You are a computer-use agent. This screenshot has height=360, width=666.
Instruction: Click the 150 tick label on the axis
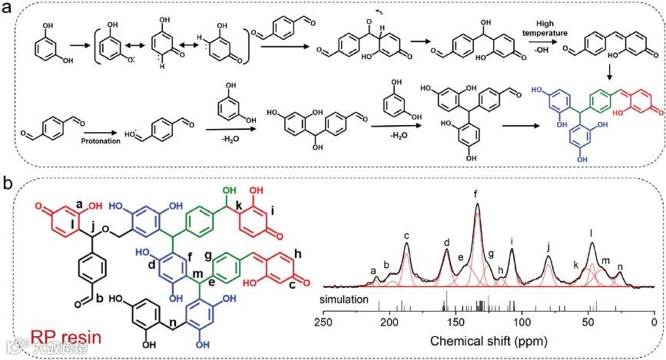tap(456, 321)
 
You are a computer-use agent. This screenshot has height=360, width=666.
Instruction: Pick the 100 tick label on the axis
tap(522, 321)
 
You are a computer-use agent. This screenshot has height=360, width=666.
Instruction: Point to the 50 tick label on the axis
tap(588, 321)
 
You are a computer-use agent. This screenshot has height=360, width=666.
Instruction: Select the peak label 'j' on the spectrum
tap(548, 247)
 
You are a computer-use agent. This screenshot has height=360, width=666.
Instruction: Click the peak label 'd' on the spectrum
tap(446, 243)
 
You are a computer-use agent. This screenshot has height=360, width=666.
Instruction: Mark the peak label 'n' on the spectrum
tap(620, 266)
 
